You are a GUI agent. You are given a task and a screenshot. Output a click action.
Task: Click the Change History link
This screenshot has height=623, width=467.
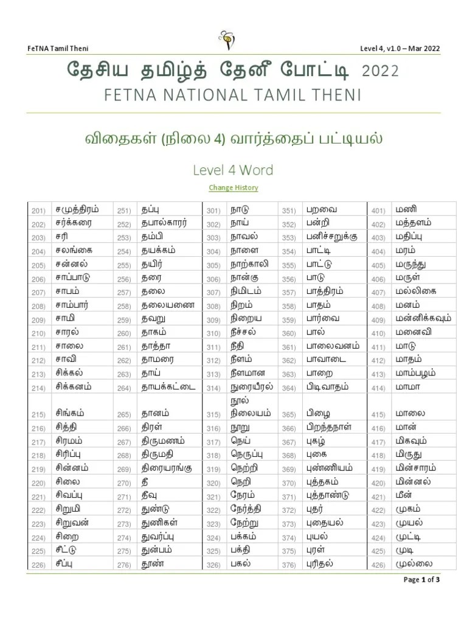(233, 187)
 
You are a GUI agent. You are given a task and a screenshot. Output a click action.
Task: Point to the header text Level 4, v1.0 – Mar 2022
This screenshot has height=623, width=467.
(401, 49)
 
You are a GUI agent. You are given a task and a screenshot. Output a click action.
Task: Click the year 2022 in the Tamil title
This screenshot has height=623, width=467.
(380, 72)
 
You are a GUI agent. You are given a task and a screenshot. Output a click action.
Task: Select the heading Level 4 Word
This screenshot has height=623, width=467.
(233, 170)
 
